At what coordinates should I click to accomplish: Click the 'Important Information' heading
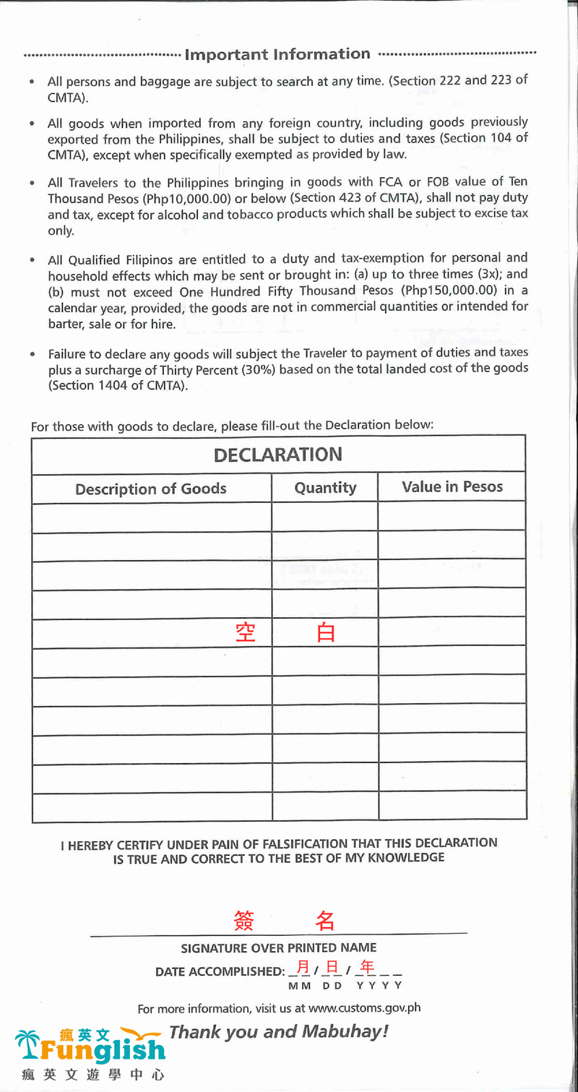coord(277,54)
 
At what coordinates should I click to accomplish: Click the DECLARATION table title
coord(277,455)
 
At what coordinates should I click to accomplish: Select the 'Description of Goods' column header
coord(151,489)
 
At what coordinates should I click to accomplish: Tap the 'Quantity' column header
coord(325,488)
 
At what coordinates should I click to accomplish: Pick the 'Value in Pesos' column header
coord(452,487)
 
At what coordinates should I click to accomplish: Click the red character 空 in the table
coord(246,632)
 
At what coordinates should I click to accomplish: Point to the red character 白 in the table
coord(326,632)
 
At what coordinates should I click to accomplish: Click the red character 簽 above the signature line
coord(244,920)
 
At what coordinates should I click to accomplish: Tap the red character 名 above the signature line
coord(325,920)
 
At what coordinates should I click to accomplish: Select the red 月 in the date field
coord(303,967)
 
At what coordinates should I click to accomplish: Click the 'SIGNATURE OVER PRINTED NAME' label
coord(278,947)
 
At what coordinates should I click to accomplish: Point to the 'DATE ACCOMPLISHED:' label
coord(220,971)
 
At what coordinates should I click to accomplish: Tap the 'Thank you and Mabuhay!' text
coord(279,1031)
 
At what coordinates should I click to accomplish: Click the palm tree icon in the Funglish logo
coord(29,1045)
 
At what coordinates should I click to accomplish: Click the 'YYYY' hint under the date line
coord(379,985)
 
